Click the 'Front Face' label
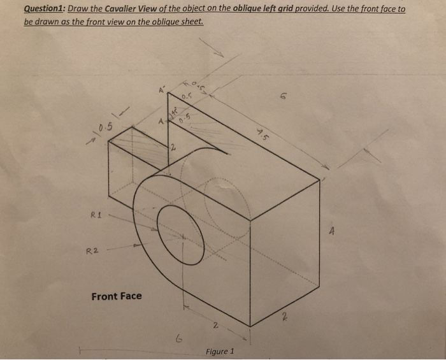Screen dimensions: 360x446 coord(117,296)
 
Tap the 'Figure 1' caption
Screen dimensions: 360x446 coord(220,351)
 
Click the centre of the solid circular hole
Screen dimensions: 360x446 coord(182,236)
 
